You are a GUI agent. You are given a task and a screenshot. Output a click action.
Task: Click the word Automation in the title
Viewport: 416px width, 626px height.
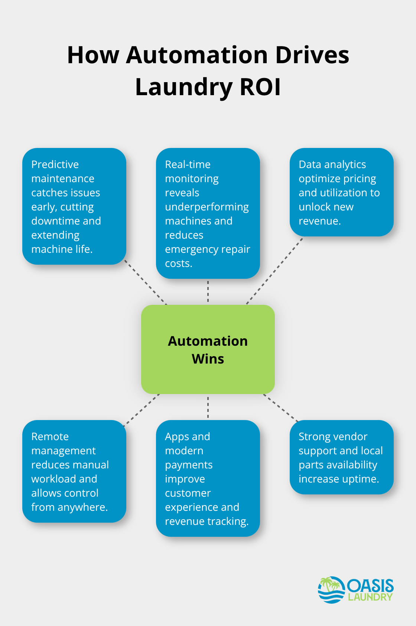click(x=197, y=55)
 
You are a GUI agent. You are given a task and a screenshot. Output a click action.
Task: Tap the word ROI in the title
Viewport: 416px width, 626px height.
click(x=260, y=87)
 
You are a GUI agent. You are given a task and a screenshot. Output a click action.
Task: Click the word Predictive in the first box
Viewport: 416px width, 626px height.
click(x=55, y=164)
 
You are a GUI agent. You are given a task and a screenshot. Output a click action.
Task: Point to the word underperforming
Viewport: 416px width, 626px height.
click(x=207, y=207)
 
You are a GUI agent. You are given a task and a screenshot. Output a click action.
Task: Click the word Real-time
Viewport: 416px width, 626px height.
click(x=188, y=164)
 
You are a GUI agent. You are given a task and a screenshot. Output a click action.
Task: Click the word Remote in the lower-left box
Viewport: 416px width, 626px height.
click(x=50, y=436)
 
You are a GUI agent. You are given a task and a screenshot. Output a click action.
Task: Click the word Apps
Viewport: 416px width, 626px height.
click(x=176, y=436)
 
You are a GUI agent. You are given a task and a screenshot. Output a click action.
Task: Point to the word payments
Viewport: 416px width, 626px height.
click(x=189, y=465)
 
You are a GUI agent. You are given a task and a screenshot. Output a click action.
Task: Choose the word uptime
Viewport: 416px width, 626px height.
click(x=360, y=479)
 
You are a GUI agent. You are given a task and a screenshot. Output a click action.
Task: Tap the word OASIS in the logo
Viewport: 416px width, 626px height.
click(x=370, y=586)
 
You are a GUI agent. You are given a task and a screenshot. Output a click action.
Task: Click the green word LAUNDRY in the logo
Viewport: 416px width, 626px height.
click(x=370, y=597)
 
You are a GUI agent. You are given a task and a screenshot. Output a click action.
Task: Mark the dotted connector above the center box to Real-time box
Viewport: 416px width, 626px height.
click(x=208, y=291)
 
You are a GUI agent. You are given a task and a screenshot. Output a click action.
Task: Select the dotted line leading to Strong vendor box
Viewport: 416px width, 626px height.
click(x=281, y=408)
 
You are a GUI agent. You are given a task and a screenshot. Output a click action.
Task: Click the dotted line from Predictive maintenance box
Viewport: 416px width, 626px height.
click(x=146, y=282)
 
